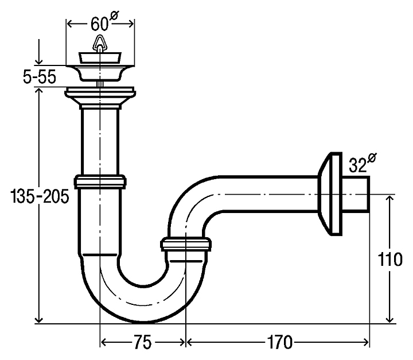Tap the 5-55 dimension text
[x=40, y=78]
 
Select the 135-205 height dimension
[x=40, y=196]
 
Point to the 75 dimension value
[x=143, y=342]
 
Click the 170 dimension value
[x=280, y=342]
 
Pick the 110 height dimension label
[x=390, y=260]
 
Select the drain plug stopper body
[x=100, y=58]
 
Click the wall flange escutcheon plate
[x=330, y=194]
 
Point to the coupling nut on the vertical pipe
[x=100, y=181]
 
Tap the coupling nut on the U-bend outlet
[x=186, y=244]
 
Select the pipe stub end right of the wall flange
[x=356, y=194]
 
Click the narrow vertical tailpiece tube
[x=100, y=142]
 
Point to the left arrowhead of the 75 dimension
[x=104, y=342]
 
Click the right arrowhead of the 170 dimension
[x=365, y=342]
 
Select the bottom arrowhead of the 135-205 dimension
[x=39, y=320]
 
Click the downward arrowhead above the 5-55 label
[x=39, y=61]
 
